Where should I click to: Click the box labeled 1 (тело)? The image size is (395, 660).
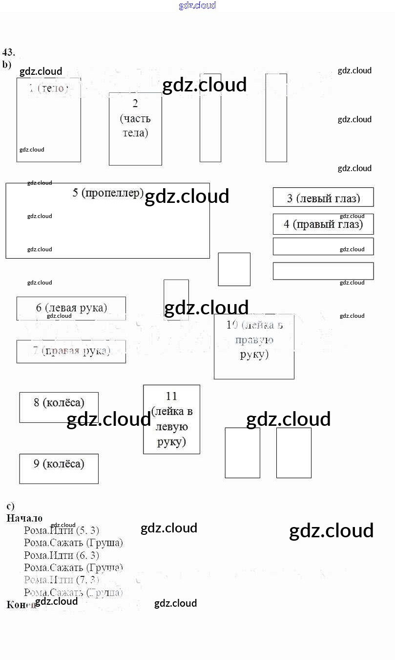point(48,120)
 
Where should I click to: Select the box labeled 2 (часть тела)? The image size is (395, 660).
point(135,129)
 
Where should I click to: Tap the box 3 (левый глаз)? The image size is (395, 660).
point(323,197)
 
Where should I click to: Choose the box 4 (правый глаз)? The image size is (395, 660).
point(323,224)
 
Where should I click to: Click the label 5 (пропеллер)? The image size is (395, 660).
point(108,193)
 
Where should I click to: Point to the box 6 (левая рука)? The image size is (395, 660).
point(71,308)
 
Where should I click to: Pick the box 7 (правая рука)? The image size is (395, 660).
point(71,351)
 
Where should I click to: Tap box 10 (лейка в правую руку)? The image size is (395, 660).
point(254,346)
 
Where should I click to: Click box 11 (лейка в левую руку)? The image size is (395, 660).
point(171,419)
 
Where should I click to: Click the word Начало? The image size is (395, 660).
point(24,518)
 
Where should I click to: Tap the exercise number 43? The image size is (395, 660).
point(9,52)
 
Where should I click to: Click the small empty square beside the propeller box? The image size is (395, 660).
point(234,269)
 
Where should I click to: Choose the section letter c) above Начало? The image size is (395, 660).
point(10,506)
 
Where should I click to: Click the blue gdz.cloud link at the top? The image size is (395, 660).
point(197,6)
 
